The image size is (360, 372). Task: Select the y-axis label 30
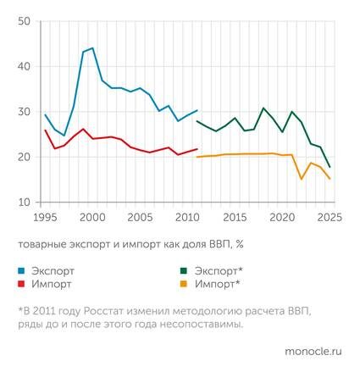24,112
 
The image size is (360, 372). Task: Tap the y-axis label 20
24,158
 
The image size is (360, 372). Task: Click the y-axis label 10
24,203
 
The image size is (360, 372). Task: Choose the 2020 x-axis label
281,217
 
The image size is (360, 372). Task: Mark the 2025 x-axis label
328,217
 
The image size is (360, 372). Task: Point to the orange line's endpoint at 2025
330,179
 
